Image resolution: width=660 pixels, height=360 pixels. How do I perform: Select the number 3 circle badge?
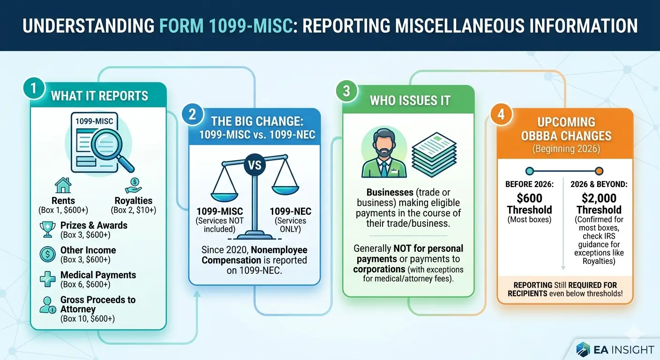click(346, 91)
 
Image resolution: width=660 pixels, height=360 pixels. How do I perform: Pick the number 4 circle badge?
click(501, 115)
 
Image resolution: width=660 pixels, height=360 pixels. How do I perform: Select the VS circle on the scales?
click(254, 165)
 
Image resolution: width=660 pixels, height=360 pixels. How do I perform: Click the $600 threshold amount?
click(529, 198)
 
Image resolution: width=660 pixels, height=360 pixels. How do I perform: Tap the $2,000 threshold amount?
click(599, 198)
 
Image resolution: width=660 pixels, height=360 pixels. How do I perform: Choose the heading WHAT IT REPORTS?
click(99, 96)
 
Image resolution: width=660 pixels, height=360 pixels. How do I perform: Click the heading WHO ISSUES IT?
click(410, 100)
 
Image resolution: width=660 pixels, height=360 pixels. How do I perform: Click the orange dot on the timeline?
click(599, 171)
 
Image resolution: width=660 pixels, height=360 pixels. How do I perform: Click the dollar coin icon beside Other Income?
click(48, 254)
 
